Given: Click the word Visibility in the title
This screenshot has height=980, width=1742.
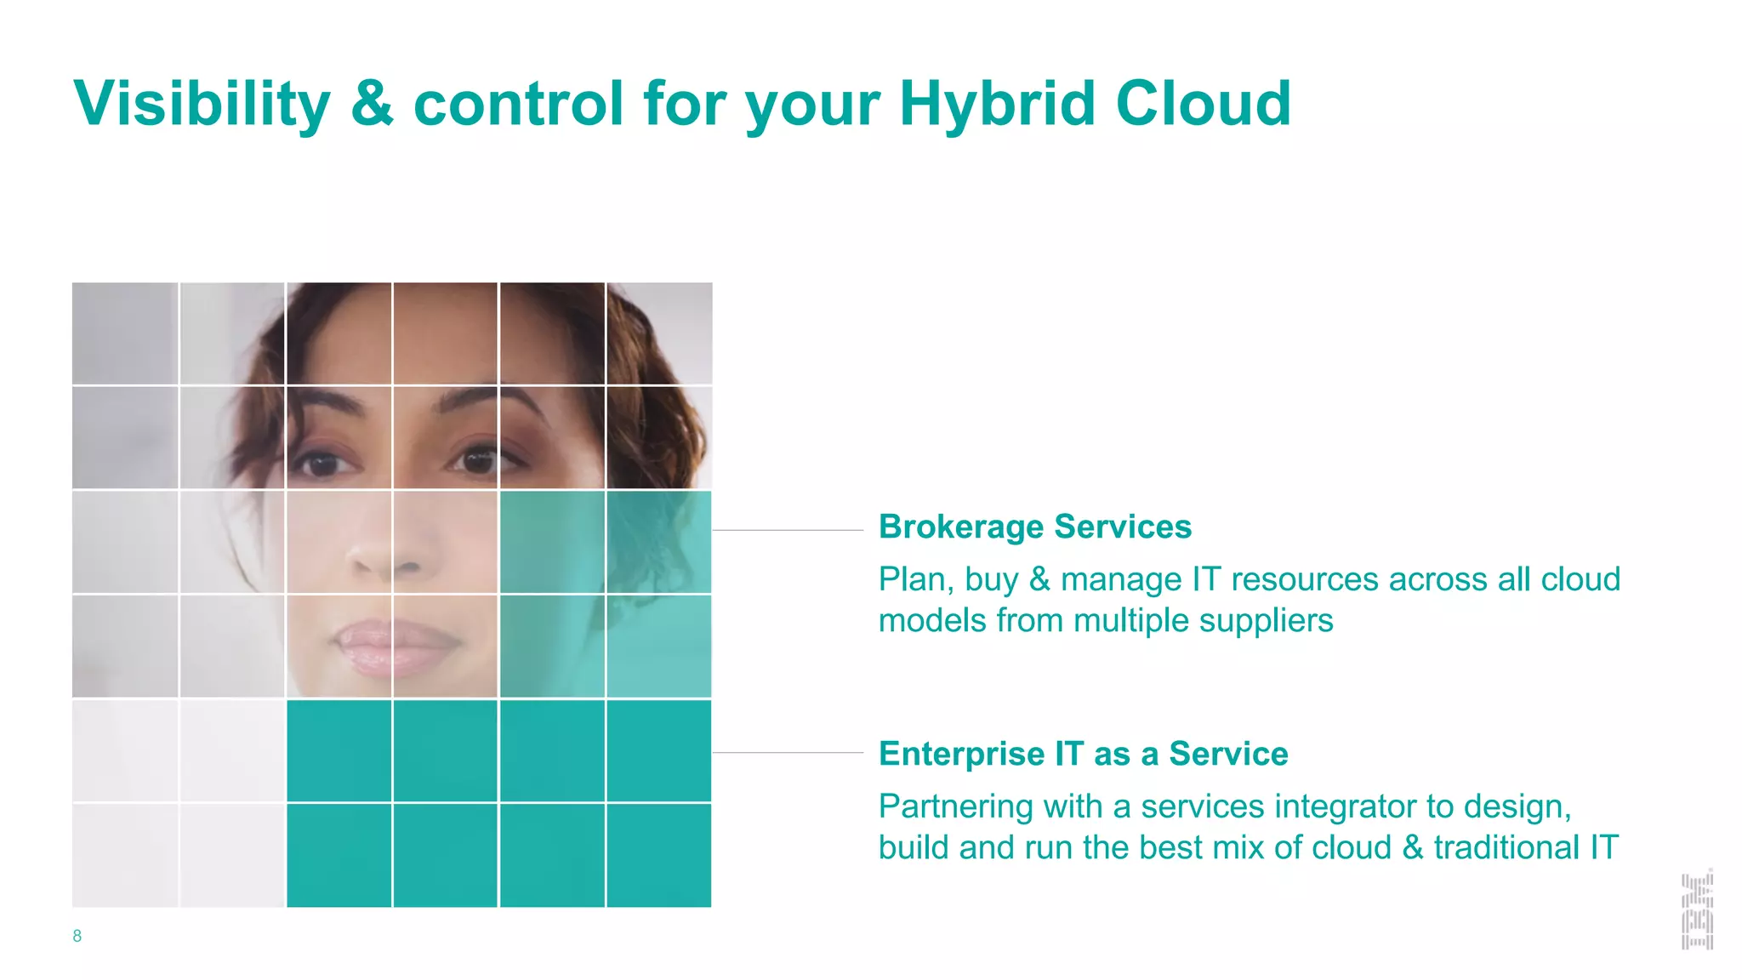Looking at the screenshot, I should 202,104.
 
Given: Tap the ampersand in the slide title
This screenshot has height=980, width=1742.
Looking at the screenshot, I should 372,104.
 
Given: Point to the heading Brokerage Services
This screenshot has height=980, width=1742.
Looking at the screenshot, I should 1034,527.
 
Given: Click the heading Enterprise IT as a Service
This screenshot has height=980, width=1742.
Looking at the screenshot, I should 1083,754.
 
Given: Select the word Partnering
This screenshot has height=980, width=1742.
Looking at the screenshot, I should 955,806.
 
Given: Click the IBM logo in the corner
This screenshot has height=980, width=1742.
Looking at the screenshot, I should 1697,909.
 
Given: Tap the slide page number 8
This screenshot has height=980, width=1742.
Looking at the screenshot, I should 77,936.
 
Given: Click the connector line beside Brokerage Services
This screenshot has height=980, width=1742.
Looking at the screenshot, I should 788,530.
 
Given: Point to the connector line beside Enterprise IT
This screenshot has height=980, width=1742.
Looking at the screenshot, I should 788,753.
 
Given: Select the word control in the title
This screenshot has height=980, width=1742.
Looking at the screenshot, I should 519,104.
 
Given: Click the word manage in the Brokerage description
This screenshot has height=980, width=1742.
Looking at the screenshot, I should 1121,580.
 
